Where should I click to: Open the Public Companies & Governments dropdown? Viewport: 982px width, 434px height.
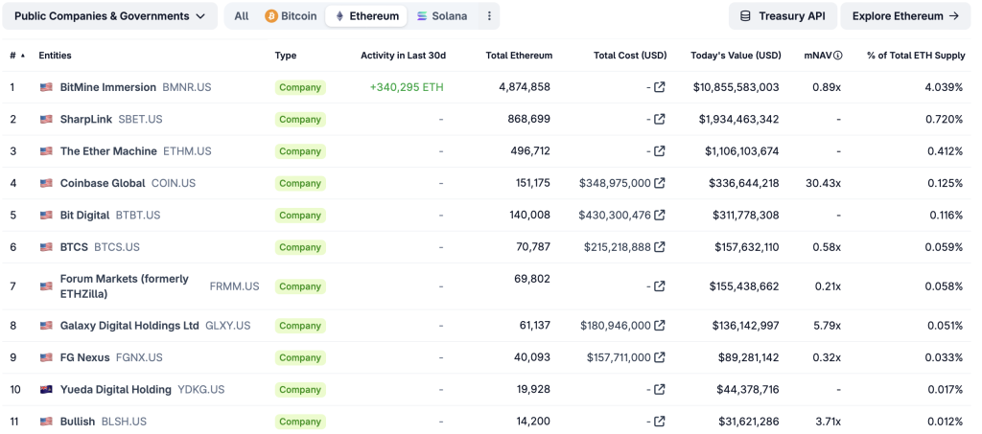pos(109,16)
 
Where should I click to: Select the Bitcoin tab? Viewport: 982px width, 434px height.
pos(291,16)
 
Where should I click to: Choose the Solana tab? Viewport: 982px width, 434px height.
pos(442,16)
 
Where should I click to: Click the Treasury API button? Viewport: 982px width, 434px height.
pos(782,16)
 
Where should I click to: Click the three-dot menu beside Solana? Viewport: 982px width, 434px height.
pos(489,16)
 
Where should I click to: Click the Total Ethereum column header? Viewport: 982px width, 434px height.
pos(518,56)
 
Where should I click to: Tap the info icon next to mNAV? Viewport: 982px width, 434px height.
pos(837,56)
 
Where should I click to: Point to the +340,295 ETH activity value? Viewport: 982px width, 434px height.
pos(407,87)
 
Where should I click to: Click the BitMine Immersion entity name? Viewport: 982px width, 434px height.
pos(107,87)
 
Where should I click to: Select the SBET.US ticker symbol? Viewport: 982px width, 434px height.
pos(140,120)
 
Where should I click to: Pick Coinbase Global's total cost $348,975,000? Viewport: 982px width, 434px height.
pos(615,183)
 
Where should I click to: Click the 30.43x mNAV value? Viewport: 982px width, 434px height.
pos(823,183)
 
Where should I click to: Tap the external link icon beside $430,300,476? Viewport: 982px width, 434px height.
pos(660,216)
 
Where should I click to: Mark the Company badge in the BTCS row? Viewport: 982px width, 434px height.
pos(299,247)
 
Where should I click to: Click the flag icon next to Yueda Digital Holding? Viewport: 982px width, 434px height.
pos(46,390)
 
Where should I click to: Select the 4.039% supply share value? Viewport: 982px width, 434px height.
pos(943,87)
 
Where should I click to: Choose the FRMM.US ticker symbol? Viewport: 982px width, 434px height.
pos(234,286)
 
